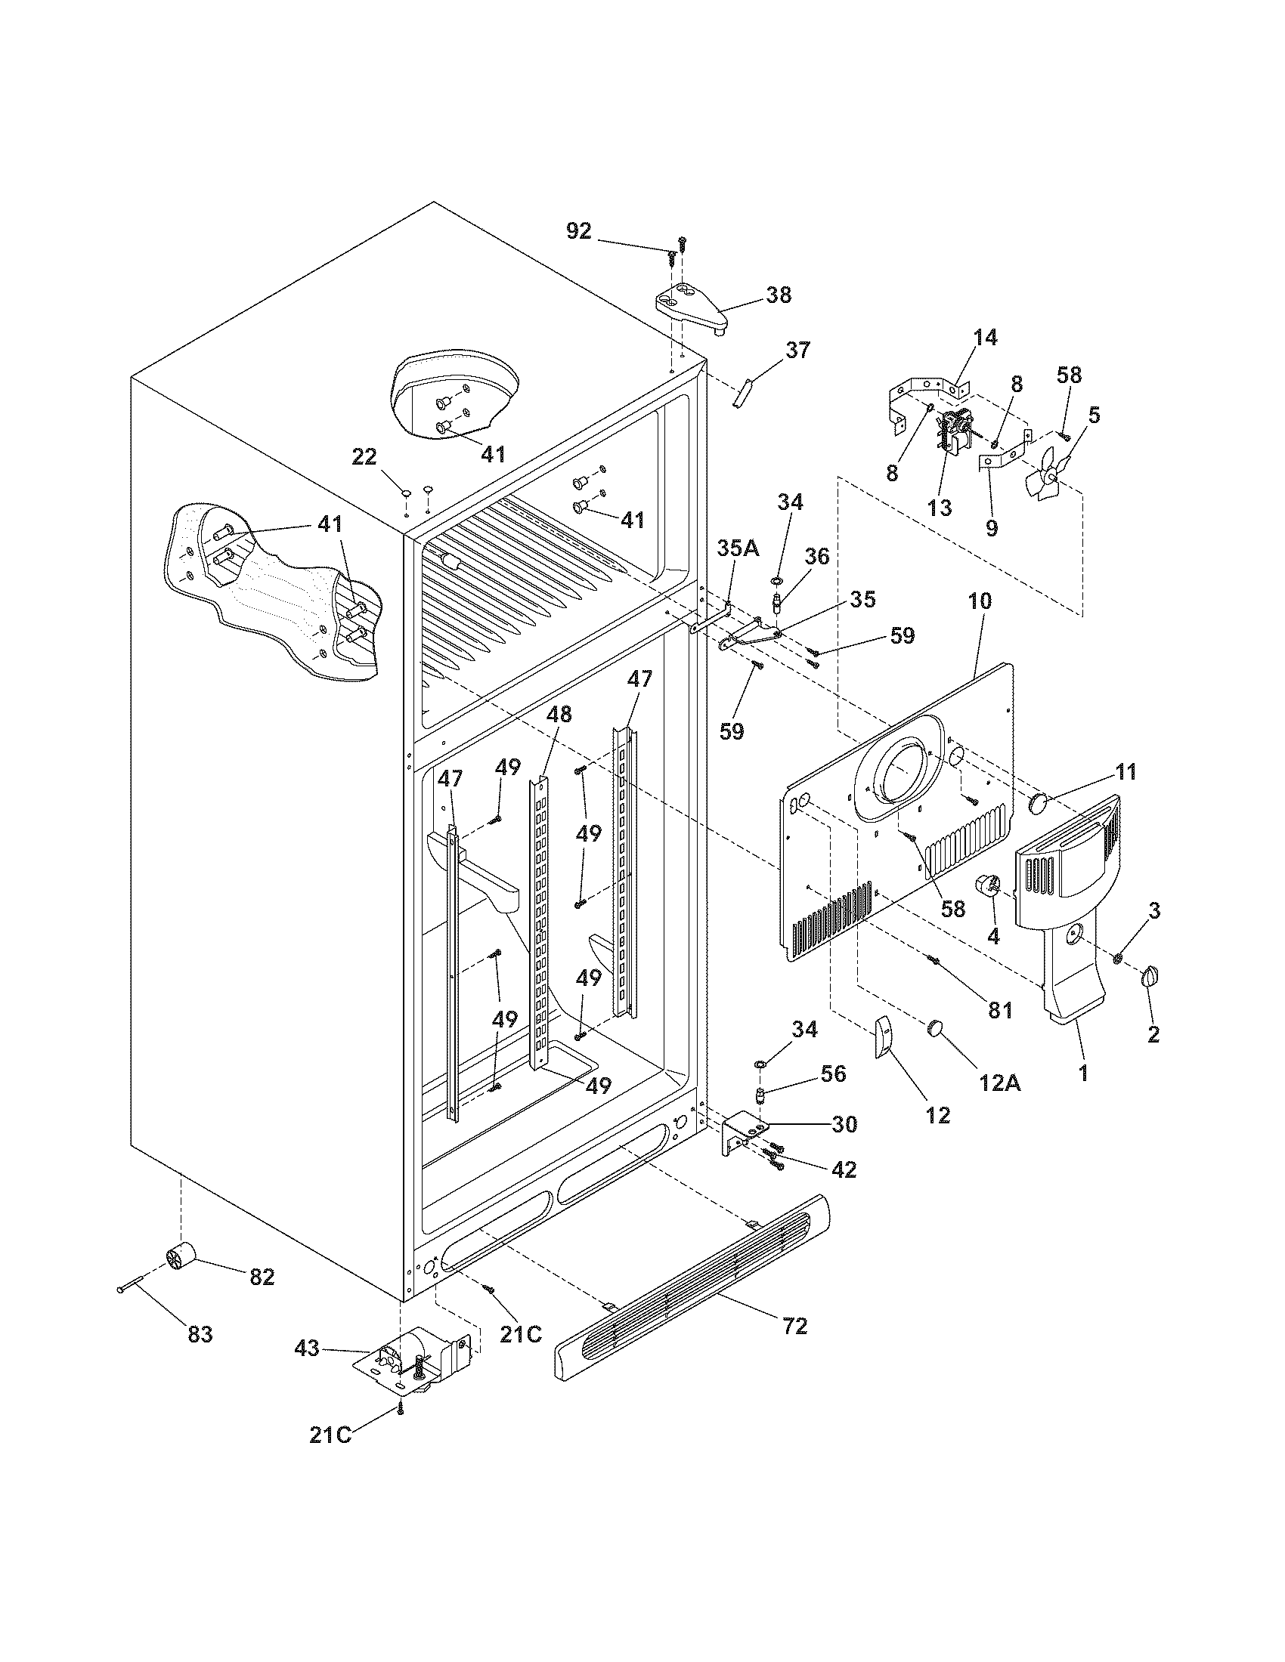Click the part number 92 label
click(x=578, y=230)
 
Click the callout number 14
click(x=985, y=337)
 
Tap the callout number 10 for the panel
click(x=980, y=601)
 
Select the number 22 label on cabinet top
click(x=364, y=456)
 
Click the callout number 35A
click(x=738, y=548)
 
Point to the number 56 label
click(x=834, y=1074)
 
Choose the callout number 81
click(x=1000, y=1010)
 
